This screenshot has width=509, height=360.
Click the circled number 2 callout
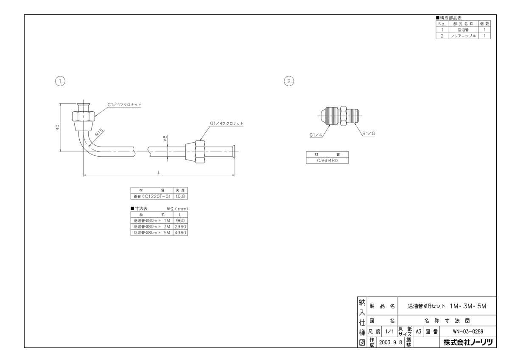pyautogui.click(x=288, y=81)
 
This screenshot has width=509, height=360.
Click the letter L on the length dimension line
pyautogui.click(x=159, y=172)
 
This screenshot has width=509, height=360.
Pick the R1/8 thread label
pyautogui.click(x=369, y=133)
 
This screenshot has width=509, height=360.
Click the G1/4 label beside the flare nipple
pyautogui.click(x=316, y=135)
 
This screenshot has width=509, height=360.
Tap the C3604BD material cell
pyautogui.click(x=327, y=160)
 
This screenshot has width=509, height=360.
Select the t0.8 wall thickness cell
pyautogui.click(x=180, y=196)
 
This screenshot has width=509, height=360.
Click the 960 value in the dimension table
pyautogui.click(x=180, y=221)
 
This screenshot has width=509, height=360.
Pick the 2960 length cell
pyautogui.click(x=180, y=227)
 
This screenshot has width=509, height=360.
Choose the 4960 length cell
pyautogui.click(x=180, y=233)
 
